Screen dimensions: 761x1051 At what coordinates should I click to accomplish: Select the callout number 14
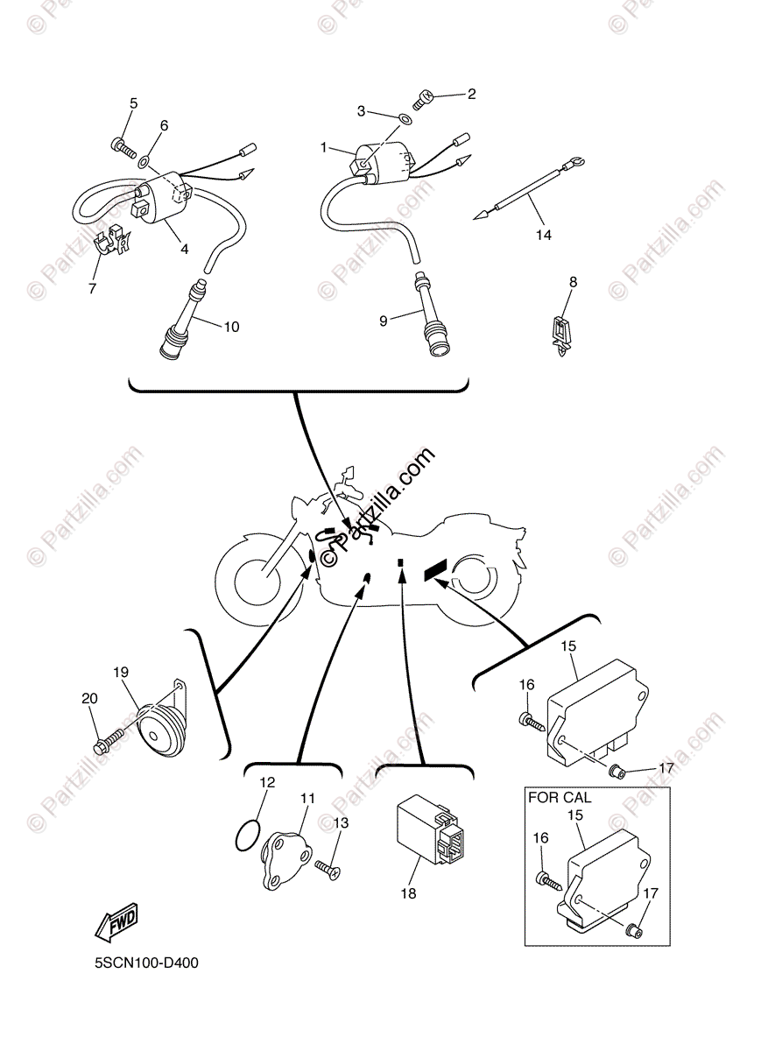[544, 234]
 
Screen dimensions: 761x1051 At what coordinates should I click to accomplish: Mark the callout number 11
[307, 798]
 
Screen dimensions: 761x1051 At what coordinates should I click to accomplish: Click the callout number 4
[185, 249]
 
